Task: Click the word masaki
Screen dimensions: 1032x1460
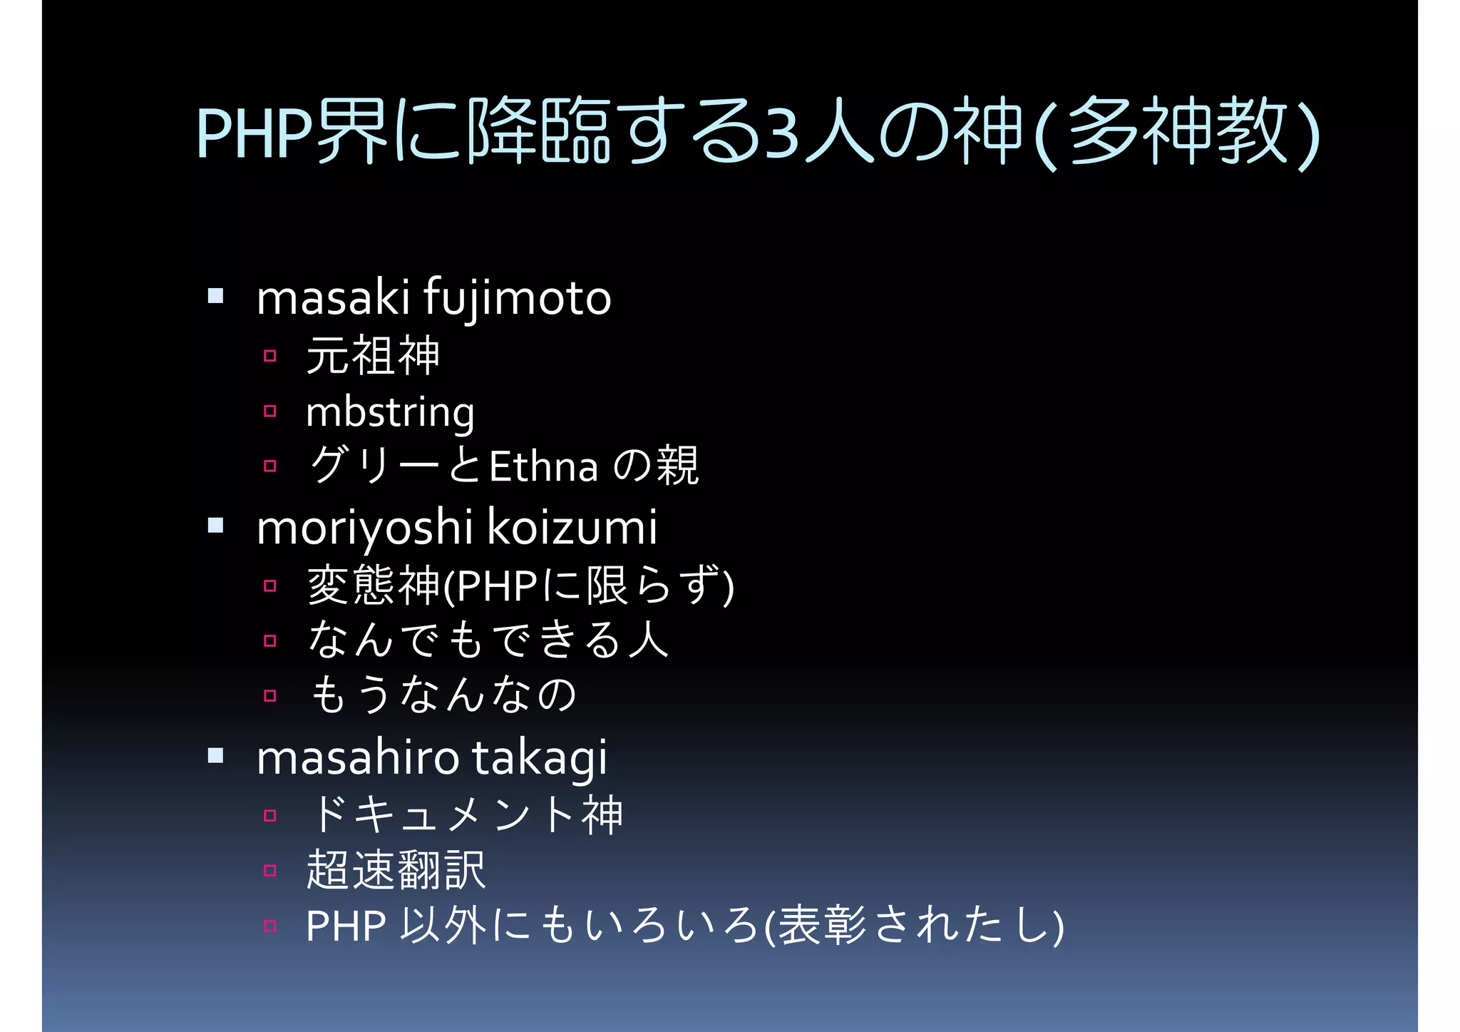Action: [332, 297]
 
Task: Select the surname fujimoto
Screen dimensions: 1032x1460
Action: [518, 299]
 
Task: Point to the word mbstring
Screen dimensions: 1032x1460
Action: [390, 413]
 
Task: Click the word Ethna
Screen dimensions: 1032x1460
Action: [544, 468]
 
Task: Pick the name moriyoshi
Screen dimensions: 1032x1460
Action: [364, 528]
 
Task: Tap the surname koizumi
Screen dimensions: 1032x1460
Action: [572, 528]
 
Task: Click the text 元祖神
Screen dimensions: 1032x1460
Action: [373, 355]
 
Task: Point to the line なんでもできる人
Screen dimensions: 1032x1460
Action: [488, 639]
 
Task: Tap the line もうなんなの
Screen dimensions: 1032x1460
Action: [443, 695]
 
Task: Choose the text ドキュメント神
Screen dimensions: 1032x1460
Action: [466, 814]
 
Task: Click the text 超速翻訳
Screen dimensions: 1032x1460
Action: [396, 870]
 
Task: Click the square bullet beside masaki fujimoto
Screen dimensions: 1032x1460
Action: [216, 295]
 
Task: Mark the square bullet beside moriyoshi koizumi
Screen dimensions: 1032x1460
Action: [216, 526]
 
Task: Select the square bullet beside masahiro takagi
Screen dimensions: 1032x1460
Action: [216, 755]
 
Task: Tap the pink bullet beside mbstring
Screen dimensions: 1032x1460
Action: [269, 411]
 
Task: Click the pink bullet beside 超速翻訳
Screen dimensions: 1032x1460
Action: [269, 870]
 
